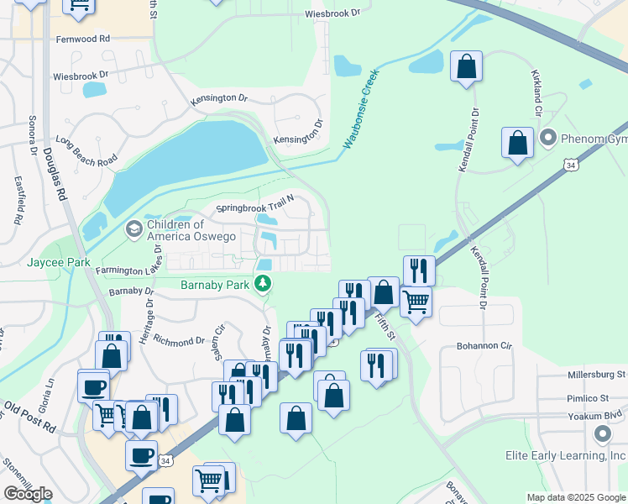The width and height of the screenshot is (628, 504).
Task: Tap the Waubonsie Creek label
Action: click(361, 110)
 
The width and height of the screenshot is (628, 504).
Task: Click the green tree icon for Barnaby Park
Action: click(264, 284)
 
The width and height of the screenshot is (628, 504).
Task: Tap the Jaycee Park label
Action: click(58, 263)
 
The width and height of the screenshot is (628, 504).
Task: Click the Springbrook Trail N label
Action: click(255, 202)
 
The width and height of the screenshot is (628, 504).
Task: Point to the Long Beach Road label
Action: click(86, 150)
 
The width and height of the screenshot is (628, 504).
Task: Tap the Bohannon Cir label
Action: click(484, 345)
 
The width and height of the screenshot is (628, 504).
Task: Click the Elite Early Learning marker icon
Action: click(602, 434)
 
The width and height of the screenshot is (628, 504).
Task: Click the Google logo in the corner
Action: click(28, 493)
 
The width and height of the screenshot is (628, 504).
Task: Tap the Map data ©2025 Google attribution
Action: click(576, 497)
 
